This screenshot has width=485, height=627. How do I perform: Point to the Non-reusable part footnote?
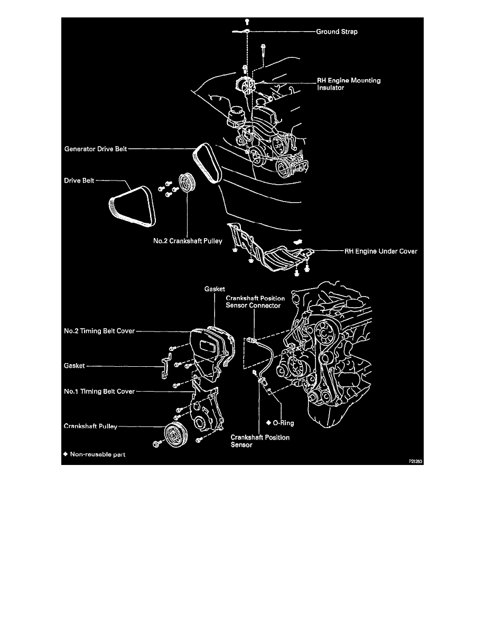point(95,454)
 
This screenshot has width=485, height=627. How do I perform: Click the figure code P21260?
point(416,460)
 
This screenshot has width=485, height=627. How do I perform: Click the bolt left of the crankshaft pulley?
point(156,445)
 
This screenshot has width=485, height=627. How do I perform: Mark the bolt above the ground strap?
point(247,22)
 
